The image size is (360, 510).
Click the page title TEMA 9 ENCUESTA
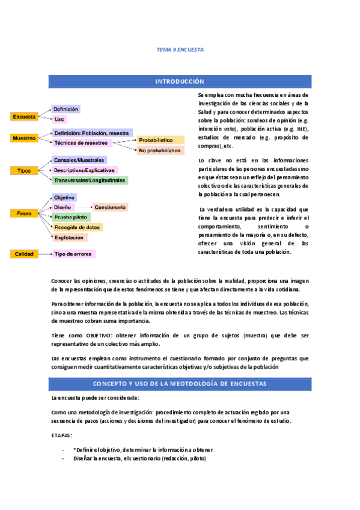pyautogui.click(x=180, y=50)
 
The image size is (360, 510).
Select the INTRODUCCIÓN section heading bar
pyautogui.click(x=180, y=81)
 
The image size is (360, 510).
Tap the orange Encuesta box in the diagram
pyautogui.click(x=25, y=117)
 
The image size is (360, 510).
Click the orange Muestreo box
pyautogui.click(x=25, y=138)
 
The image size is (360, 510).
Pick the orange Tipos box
pyautogui.click(x=25, y=171)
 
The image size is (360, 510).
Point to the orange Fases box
pyautogui.click(x=25, y=213)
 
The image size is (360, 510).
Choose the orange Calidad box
pyautogui.click(x=25, y=254)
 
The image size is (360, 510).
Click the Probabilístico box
pyautogui.click(x=159, y=140)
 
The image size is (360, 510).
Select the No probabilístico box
pyautogui.click(x=160, y=150)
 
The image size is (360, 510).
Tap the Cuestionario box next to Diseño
pyautogui.click(x=110, y=207)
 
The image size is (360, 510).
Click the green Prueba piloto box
pyautogui.click(x=72, y=217)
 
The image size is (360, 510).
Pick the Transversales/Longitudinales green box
pyautogui.click(x=90, y=180)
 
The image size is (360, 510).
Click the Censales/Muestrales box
pyautogui.click(x=79, y=160)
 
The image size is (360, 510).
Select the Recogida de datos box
pyautogui.click(x=77, y=227)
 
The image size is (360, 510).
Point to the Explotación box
pyautogui.click(x=69, y=238)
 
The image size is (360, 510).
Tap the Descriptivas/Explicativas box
pyautogui.click(x=85, y=170)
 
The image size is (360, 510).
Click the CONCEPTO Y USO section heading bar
pyautogui.click(x=180, y=384)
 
